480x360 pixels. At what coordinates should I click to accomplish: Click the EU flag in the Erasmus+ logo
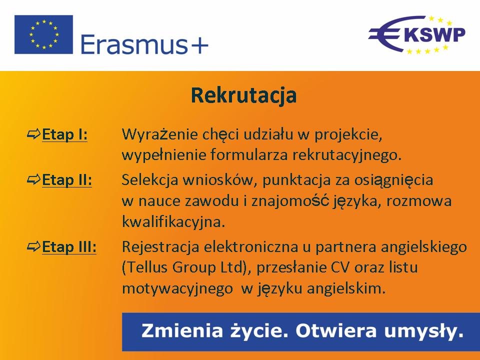tap(44, 34)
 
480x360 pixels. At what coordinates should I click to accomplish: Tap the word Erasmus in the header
tap(134, 44)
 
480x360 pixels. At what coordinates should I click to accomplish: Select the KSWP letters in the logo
tap(434, 34)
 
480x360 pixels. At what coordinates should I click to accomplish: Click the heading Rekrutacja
tap(243, 95)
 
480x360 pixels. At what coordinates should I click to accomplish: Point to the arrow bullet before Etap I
tap(33, 134)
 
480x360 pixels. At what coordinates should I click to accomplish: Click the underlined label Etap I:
tap(64, 134)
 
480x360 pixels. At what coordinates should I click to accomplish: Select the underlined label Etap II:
tap(66, 179)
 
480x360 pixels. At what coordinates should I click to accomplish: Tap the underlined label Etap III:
tap(69, 246)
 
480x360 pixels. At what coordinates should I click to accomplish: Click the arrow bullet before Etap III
tap(33, 246)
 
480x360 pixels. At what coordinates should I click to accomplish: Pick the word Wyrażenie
tap(160, 134)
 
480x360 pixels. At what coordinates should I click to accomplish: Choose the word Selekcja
tap(150, 179)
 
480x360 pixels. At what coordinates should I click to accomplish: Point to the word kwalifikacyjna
tap(173, 222)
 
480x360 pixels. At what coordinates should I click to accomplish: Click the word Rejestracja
tap(160, 247)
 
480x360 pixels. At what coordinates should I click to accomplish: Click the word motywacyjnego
tap(177, 289)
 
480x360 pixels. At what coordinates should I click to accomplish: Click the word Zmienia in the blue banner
tap(182, 331)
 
